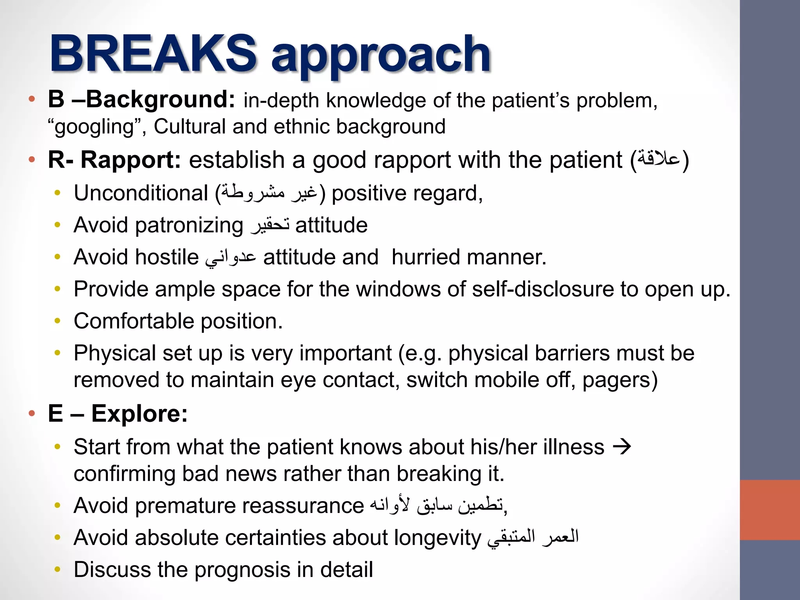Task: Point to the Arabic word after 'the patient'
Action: tap(659, 159)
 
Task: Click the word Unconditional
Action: tap(141, 193)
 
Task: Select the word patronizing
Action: tap(189, 225)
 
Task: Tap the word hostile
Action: tap(167, 257)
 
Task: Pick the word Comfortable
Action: tap(134, 321)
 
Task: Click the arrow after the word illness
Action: tap(622, 446)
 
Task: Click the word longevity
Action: tap(437, 538)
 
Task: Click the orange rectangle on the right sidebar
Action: tap(770, 510)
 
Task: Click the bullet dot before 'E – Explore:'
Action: tap(32, 414)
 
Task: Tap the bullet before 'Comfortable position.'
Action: tap(58, 321)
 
